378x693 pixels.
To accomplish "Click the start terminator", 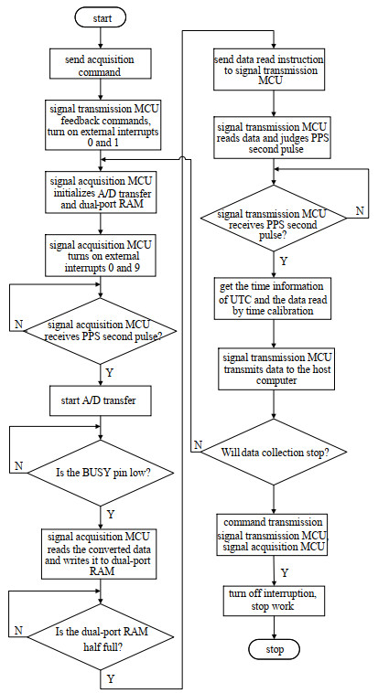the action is click(102, 18).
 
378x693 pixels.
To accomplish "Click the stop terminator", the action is click(275, 650).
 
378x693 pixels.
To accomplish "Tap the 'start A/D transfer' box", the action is click(98, 401).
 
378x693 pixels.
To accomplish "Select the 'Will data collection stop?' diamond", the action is click(275, 453).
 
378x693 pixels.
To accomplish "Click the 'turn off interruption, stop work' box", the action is click(272, 600).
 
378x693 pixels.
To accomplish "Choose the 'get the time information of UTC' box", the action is click(272, 298).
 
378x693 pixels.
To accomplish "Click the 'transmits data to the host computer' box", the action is click(277, 368).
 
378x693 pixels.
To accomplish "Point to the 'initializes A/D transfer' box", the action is click(101, 193).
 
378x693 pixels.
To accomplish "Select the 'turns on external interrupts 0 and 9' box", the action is click(101, 256).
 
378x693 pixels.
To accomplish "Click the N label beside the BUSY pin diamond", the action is click(18, 466).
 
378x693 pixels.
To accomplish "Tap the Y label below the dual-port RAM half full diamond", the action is click(110, 679).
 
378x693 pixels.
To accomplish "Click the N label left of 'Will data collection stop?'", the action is click(198, 445).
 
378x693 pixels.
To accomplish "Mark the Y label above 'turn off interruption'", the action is click(285, 573).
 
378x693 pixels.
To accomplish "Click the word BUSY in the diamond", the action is click(94, 473).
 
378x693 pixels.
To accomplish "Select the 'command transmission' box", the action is click(273, 535).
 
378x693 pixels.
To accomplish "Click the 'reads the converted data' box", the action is click(100, 553).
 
